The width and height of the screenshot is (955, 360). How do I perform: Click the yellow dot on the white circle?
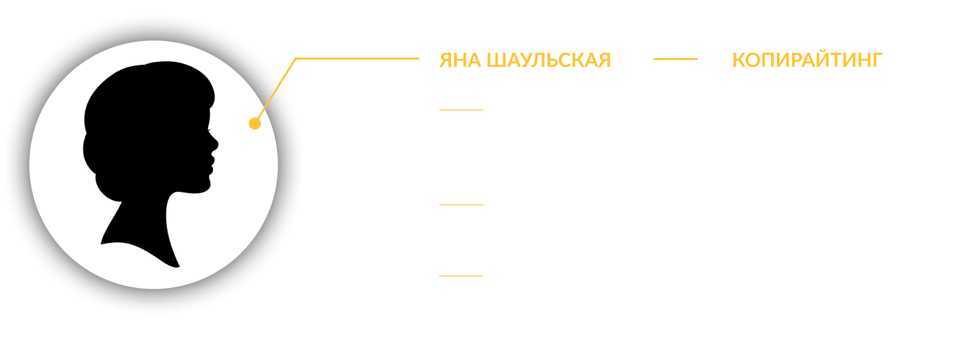[x=254, y=123]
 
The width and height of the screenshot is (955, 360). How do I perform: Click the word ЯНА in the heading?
[x=459, y=60]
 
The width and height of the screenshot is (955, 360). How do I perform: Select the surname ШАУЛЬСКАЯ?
[x=548, y=60]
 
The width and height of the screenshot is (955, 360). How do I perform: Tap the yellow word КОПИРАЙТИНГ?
[x=807, y=60]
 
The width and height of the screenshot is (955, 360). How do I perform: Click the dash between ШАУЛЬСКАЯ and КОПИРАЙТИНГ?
[x=675, y=59]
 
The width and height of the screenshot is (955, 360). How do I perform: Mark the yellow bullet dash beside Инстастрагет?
[x=461, y=110]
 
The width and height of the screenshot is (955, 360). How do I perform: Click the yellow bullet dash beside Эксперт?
[x=461, y=205]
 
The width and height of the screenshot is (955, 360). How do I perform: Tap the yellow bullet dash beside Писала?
[x=461, y=276]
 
